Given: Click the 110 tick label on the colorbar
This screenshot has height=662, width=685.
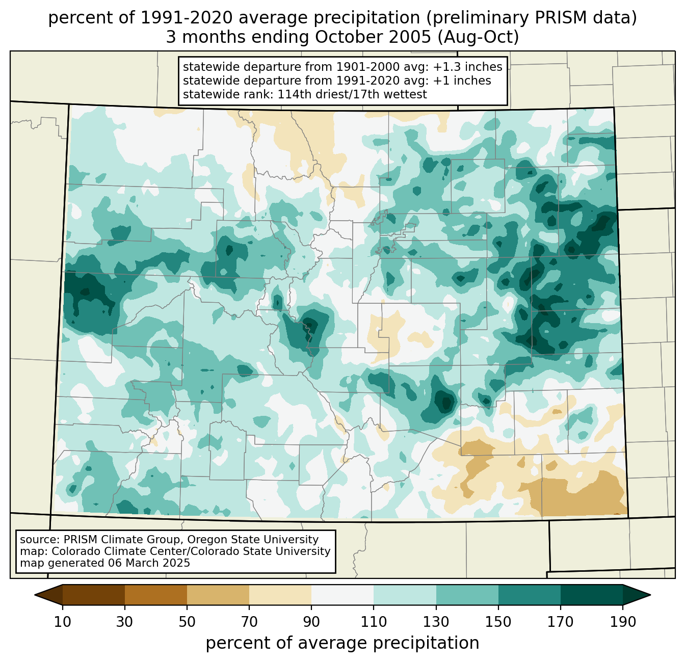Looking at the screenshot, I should pyautogui.click(x=374, y=622).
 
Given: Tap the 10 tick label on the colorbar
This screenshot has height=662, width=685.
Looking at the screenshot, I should pyautogui.click(x=63, y=622).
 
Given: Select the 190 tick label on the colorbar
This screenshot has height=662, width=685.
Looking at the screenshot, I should pyautogui.click(x=623, y=622).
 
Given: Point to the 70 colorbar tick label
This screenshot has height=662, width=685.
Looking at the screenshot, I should pyautogui.click(x=249, y=622).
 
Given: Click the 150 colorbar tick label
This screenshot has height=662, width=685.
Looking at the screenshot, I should pyautogui.click(x=498, y=622).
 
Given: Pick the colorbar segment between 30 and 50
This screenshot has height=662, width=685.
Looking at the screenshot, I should pyautogui.click(x=156, y=595).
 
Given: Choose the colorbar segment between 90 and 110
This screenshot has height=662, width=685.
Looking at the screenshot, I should pyautogui.click(x=342, y=595).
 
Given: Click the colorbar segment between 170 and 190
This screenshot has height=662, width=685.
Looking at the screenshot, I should pyautogui.click(x=591, y=595).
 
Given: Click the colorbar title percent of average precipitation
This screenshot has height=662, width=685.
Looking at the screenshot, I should pyautogui.click(x=342, y=643).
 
